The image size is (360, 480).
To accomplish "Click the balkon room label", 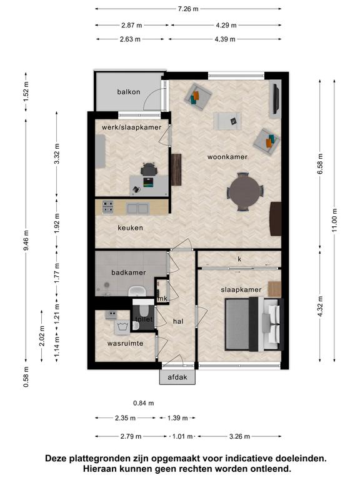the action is pyautogui.click(x=129, y=92).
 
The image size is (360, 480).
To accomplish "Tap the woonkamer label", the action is pyautogui.click(x=227, y=157).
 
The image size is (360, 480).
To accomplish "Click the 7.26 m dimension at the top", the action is pyautogui.click(x=188, y=9).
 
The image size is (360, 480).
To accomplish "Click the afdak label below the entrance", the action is pyautogui.click(x=177, y=377).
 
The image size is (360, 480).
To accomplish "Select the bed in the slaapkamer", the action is pyautogui.click(x=254, y=324).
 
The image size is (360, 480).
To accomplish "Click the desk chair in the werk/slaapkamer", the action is pyautogui.click(x=149, y=169).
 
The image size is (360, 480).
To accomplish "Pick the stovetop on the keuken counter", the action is pyautogui.click(x=107, y=207).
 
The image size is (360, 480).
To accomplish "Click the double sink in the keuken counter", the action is pyautogui.click(x=137, y=209).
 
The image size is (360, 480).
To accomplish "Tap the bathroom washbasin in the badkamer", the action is pyautogui.click(x=137, y=291).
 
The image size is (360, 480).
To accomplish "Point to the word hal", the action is pyautogui.click(x=178, y=321).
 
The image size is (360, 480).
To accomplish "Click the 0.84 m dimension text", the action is pyautogui.click(x=144, y=403).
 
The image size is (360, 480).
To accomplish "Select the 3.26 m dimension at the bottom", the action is pyautogui.click(x=240, y=436).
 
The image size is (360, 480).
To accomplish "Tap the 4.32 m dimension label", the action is pyautogui.click(x=321, y=306).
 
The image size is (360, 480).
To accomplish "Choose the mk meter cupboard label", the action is pyautogui.click(x=162, y=299).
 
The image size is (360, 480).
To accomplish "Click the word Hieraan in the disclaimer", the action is pyautogui.click(x=101, y=469).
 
